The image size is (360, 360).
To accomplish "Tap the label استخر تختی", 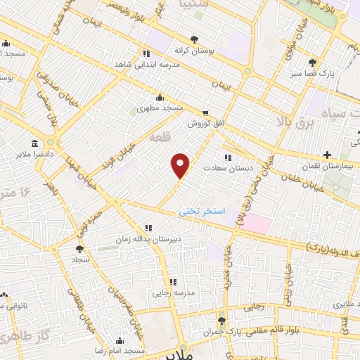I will tap(202, 211).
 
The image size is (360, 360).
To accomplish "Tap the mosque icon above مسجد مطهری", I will tap(161, 98).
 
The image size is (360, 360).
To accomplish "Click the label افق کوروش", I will tap(204, 123).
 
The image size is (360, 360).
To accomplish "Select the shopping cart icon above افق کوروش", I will tap(205, 112).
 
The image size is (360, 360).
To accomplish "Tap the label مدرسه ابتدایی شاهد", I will tap(146, 63).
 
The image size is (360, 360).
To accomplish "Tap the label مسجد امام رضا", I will tap(121, 350).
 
